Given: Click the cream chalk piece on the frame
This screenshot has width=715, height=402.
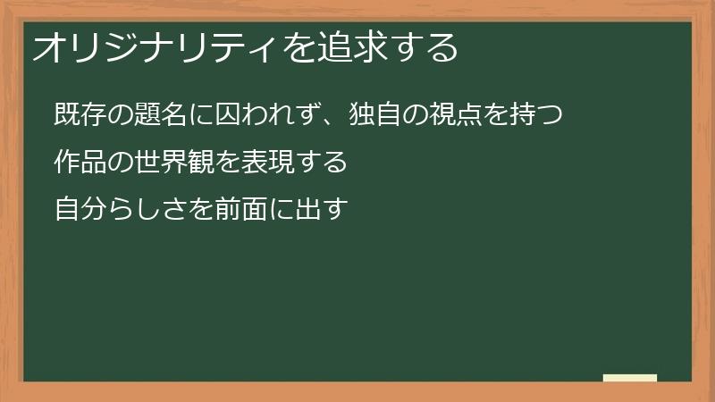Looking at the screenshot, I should tap(630, 378).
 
